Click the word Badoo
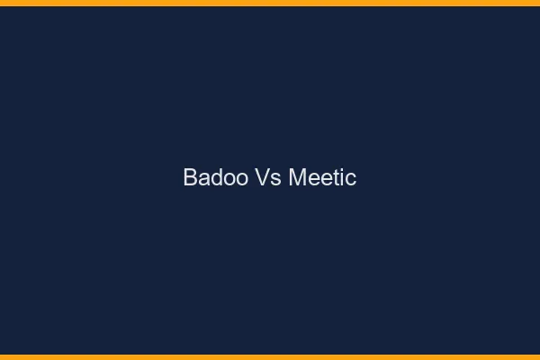point(210,178)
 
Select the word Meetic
point(322,178)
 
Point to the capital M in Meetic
point(298,178)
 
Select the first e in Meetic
point(312,180)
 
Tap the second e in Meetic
point(325,180)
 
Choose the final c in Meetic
point(350,180)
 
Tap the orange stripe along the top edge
point(270,3)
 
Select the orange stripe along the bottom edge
point(270,357)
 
